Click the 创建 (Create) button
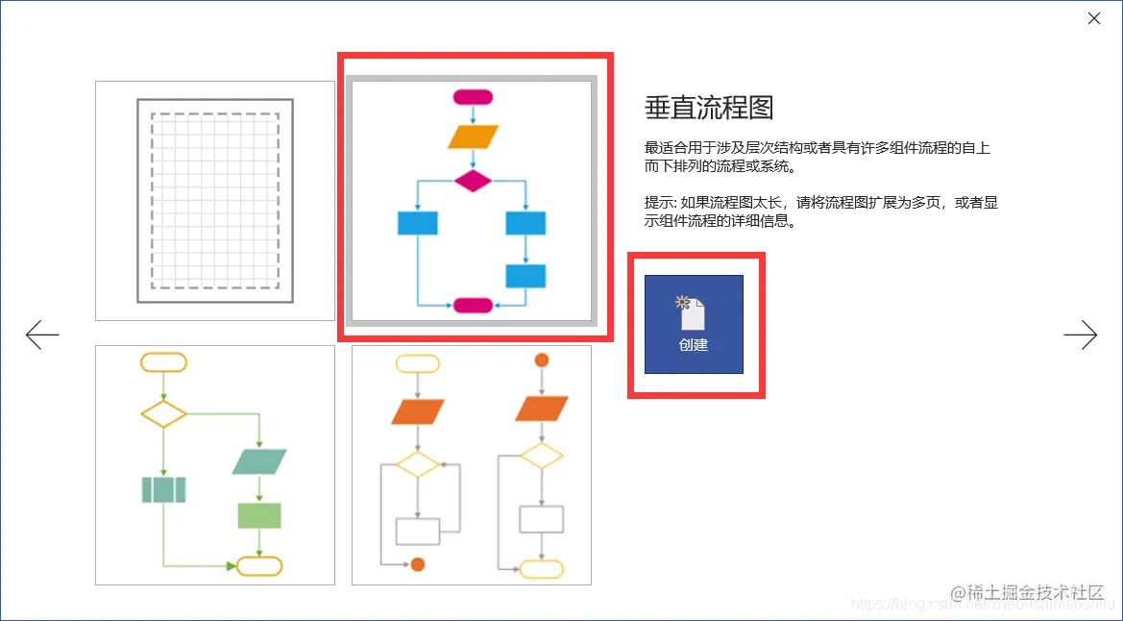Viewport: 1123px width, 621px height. (694, 324)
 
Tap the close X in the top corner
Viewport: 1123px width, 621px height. (1094, 18)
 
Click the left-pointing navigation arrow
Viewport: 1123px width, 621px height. (42, 335)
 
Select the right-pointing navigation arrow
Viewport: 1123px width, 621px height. (1080, 335)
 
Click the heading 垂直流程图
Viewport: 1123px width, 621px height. (709, 108)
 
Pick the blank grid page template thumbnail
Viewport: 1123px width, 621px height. (215, 200)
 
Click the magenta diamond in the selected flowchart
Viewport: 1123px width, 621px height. (472, 180)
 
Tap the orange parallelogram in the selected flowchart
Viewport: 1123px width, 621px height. (473, 137)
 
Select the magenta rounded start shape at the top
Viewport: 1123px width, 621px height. (472, 96)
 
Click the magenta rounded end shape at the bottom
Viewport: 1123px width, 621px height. (472, 306)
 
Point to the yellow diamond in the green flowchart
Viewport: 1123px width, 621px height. (163, 414)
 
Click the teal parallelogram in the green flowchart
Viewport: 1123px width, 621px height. (259, 461)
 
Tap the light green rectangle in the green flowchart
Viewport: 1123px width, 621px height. (259, 515)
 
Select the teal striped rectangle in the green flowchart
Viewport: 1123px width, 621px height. (163, 490)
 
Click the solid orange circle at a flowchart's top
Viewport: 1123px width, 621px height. (541, 360)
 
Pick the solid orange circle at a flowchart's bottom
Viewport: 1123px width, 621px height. (418, 564)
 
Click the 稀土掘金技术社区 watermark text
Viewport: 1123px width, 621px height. (1028, 591)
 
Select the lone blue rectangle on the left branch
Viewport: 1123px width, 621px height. (418, 223)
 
